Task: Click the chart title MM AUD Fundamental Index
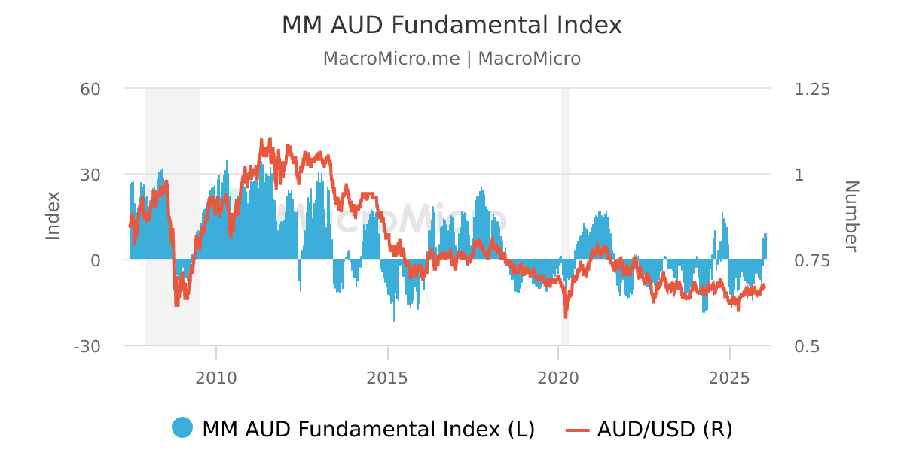coord(451,25)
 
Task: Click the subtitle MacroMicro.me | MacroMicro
coord(451,59)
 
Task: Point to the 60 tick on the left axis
coord(90,89)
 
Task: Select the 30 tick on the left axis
coord(90,175)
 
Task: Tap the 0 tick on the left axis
coord(96,260)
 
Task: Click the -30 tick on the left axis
coord(87,346)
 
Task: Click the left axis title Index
coord(53,216)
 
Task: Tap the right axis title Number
coord(851,216)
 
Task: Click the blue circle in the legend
coord(182,428)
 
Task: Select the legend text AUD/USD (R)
coord(664,429)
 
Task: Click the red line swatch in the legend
coord(577,429)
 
